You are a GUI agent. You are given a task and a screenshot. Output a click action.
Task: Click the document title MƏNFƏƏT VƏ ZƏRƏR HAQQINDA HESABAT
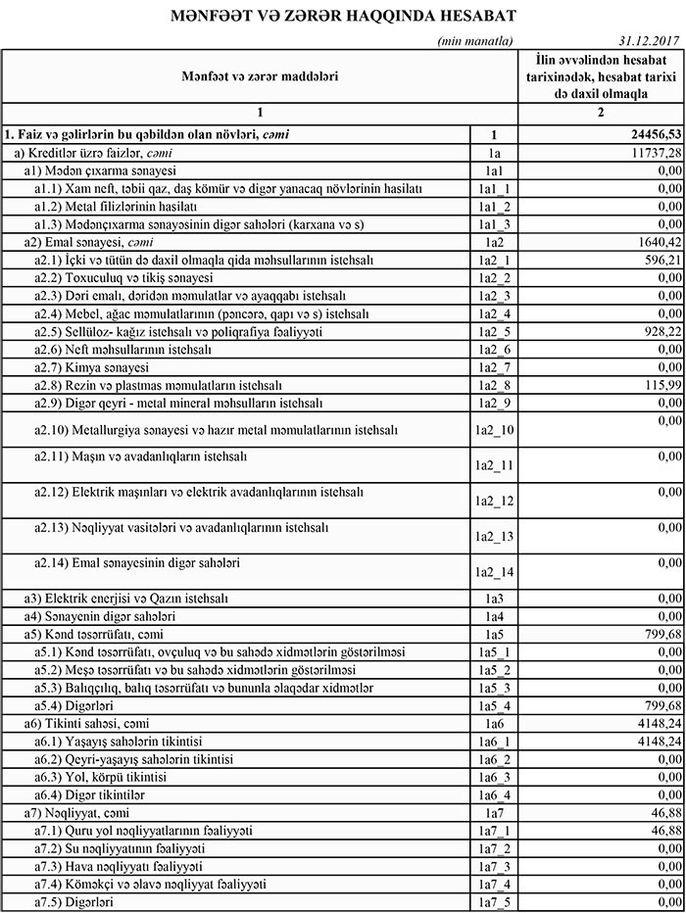342,17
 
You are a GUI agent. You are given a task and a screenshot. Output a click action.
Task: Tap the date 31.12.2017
651,41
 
